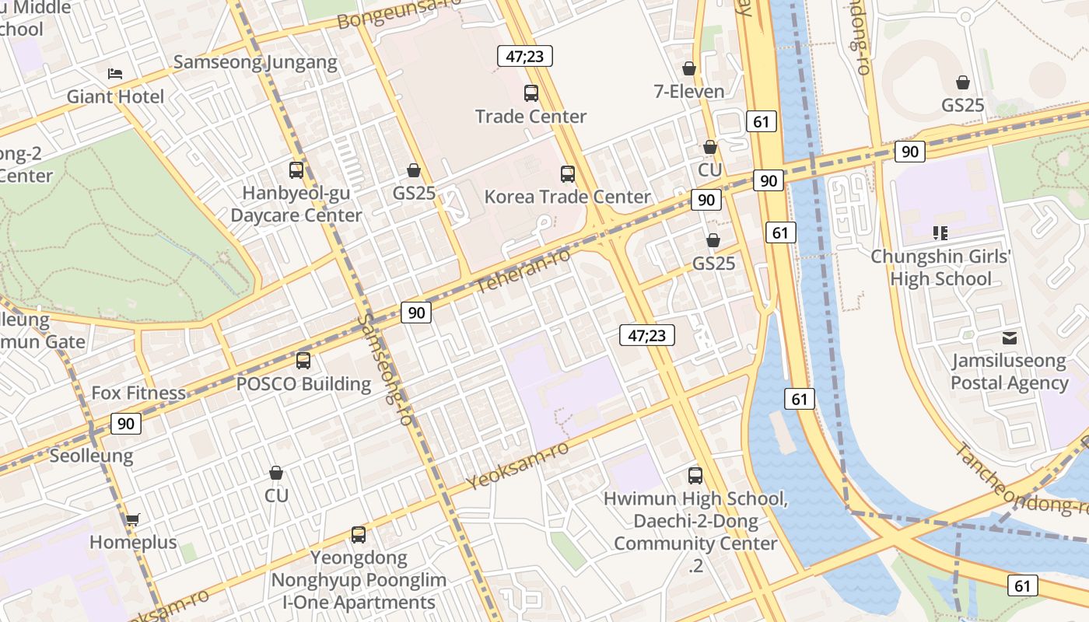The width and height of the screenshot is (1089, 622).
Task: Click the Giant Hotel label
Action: click(115, 97)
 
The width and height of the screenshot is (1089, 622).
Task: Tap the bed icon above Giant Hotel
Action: click(115, 74)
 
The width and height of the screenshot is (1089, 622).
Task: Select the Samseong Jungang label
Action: click(255, 62)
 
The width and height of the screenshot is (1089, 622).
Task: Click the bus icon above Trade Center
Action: click(531, 93)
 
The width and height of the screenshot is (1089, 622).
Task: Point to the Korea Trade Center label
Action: click(567, 197)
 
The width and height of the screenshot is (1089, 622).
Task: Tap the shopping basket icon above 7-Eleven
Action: click(688, 68)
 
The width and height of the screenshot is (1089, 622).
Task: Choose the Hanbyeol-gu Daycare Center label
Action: click(296, 204)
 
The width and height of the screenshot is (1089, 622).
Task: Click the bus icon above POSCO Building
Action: click(303, 361)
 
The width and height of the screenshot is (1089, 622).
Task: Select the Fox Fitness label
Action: click(138, 393)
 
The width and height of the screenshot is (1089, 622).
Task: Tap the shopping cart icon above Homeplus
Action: click(132, 519)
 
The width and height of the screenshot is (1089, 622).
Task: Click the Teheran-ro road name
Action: click(523, 271)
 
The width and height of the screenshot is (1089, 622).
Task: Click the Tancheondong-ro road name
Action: click(1019, 480)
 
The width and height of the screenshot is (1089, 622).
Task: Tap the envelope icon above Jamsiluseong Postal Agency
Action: click(1010, 338)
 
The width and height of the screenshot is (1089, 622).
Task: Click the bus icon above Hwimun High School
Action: click(695, 475)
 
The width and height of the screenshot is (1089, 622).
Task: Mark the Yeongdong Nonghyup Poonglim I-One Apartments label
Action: click(359, 580)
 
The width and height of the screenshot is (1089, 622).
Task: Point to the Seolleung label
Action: click(91, 456)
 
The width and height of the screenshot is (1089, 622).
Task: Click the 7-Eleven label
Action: click(688, 92)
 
